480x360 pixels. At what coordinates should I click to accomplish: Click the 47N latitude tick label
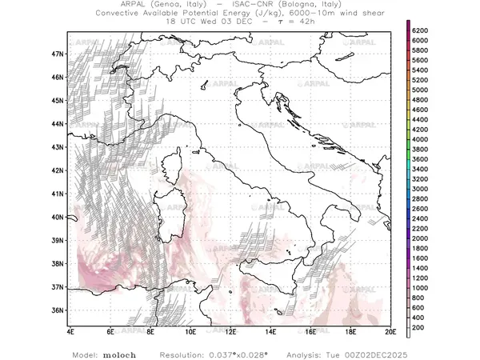pos(58,54)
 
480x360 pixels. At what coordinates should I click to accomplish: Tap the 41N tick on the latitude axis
pos(58,194)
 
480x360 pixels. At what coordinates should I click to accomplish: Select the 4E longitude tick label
pos(70,330)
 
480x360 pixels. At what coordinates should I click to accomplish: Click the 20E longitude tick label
pos(390,330)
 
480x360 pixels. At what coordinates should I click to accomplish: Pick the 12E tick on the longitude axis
pos(230,330)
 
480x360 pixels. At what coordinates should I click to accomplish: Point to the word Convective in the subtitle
pos(122,14)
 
